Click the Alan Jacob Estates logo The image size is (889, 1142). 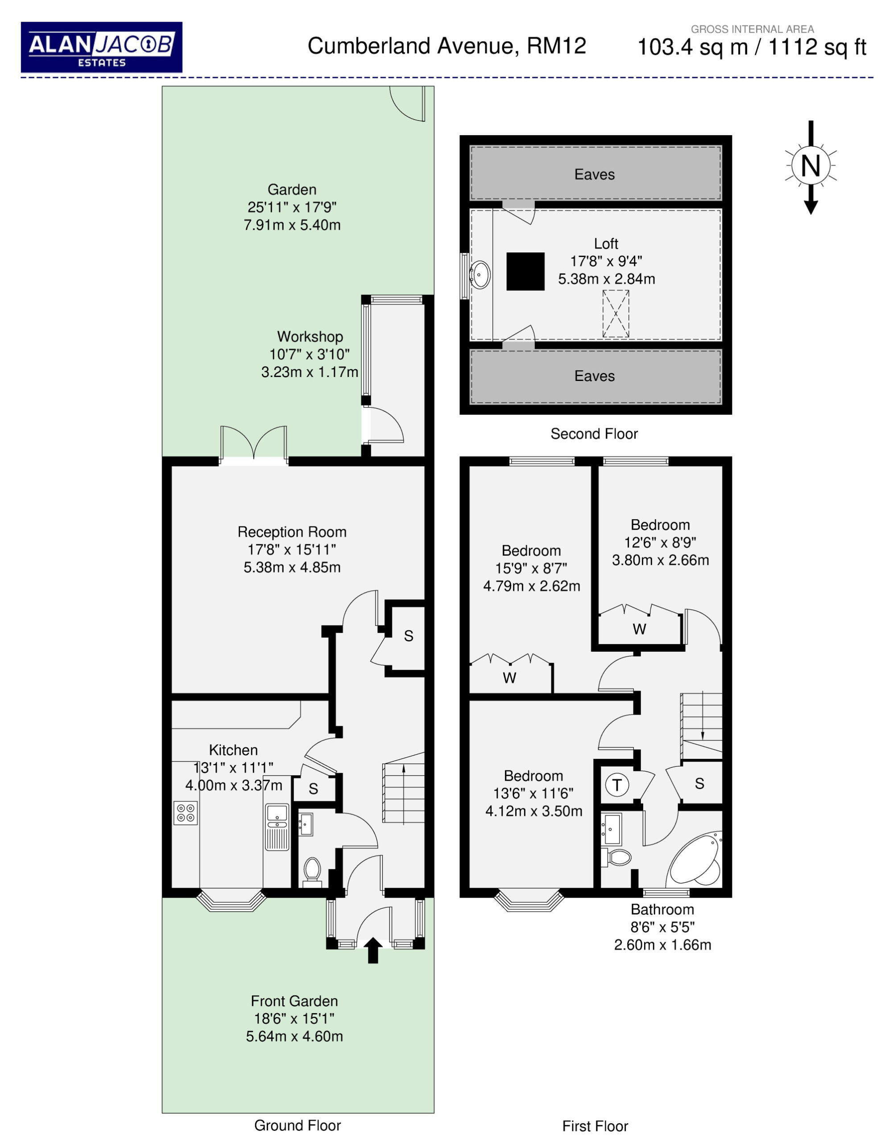tap(101, 47)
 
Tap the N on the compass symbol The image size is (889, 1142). tap(810, 166)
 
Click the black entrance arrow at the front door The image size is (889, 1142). tap(372, 950)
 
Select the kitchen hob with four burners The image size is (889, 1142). tap(186, 813)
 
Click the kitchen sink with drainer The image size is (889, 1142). tap(277, 827)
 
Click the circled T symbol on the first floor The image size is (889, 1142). tap(617, 785)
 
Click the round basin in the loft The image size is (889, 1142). tap(480, 274)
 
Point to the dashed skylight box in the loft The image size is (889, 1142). tap(616, 314)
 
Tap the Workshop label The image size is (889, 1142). tap(310, 336)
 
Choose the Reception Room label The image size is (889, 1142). tap(292, 532)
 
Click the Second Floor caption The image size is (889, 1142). tap(594, 434)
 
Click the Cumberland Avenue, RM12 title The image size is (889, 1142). tap(447, 46)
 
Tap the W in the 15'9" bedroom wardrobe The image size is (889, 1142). tap(509, 678)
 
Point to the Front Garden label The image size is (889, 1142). tap(294, 1001)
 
